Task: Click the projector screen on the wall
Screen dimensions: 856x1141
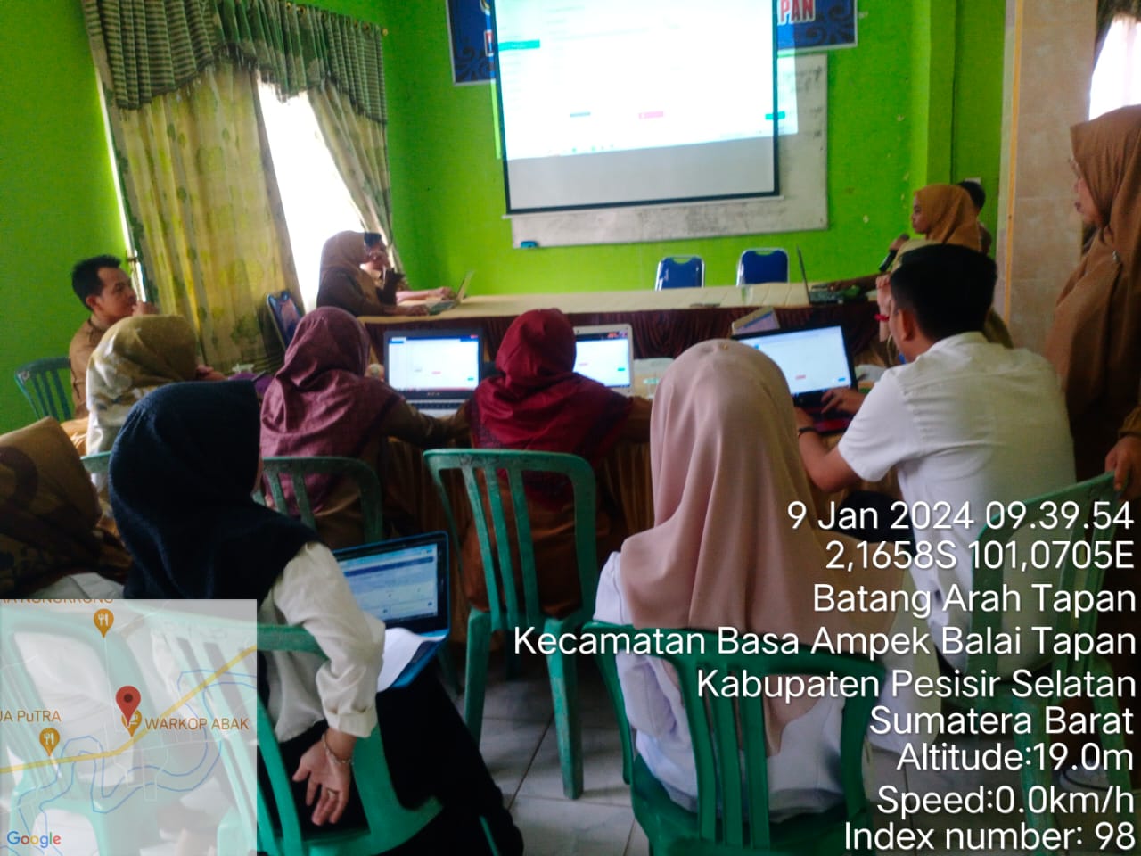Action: pos(636,98)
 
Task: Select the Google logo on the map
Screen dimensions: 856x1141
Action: pos(34,839)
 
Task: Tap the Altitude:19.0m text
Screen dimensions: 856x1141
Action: pos(1014,759)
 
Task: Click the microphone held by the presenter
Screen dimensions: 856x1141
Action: pos(891,251)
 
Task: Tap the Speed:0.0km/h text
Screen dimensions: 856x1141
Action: pos(1005,798)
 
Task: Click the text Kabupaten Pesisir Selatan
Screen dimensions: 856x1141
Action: pos(915,683)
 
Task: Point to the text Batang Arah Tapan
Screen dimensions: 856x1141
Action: pos(973,598)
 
